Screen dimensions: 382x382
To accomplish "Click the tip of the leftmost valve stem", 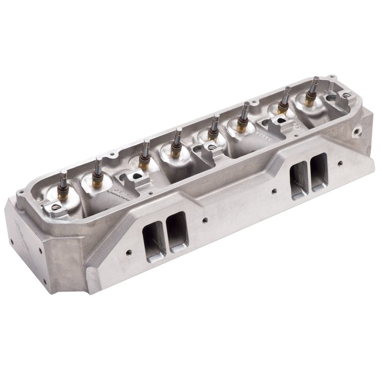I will coord(63,173).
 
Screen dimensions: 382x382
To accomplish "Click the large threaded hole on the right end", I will coord(356,130).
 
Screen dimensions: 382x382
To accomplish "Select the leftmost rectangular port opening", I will coord(154,236).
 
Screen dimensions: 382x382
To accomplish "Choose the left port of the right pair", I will coord(299,180).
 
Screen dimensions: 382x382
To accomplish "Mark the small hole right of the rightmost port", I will coord(340,163).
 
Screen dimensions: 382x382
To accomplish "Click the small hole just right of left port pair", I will coord(204,221).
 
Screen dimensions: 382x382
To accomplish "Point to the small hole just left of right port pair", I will coord(274,192).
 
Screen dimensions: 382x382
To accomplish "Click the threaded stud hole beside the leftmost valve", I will coord(55,207).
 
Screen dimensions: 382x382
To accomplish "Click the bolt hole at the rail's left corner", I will coord(20,193).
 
